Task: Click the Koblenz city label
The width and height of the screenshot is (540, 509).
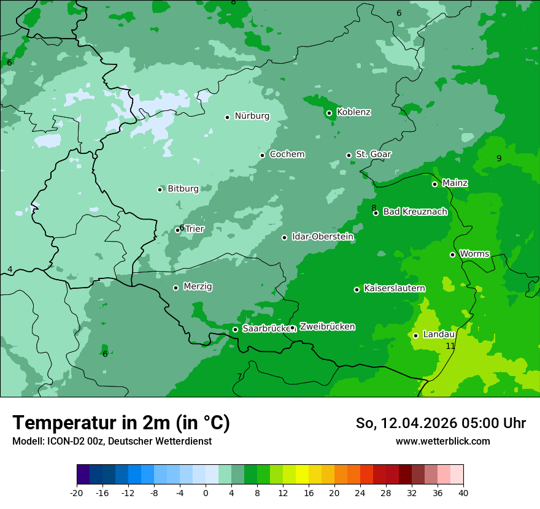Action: tap(353, 112)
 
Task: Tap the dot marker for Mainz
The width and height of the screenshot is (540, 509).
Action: tap(434, 184)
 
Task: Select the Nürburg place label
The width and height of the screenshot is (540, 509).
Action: tap(252, 116)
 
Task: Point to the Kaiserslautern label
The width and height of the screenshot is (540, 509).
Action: tap(395, 288)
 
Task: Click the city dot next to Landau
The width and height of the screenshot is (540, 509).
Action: tap(415, 335)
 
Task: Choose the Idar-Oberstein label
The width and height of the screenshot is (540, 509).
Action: tap(323, 237)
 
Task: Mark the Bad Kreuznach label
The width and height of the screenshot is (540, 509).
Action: tap(415, 212)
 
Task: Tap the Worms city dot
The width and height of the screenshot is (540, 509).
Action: tap(452, 255)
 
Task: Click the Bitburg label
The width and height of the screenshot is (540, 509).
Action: tap(183, 189)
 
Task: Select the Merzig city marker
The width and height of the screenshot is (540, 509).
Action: tap(175, 288)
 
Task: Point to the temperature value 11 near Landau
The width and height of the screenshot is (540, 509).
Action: tap(450, 346)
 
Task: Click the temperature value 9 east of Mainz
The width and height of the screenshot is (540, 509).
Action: tap(499, 158)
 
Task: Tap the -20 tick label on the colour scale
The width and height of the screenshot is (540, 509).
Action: tap(77, 492)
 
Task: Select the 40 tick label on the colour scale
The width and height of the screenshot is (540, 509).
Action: tap(463, 492)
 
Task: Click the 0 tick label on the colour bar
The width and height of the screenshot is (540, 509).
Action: tap(206, 492)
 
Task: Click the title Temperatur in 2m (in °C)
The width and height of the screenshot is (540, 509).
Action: tap(121, 423)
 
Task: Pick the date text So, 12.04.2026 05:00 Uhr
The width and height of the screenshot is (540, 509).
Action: tap(441, 423)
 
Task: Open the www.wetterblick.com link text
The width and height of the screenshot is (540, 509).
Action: tap(442, 441)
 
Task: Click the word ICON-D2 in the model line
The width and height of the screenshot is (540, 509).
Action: tap(63, 441)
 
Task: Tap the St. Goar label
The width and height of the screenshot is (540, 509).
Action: tap(373, 154)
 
